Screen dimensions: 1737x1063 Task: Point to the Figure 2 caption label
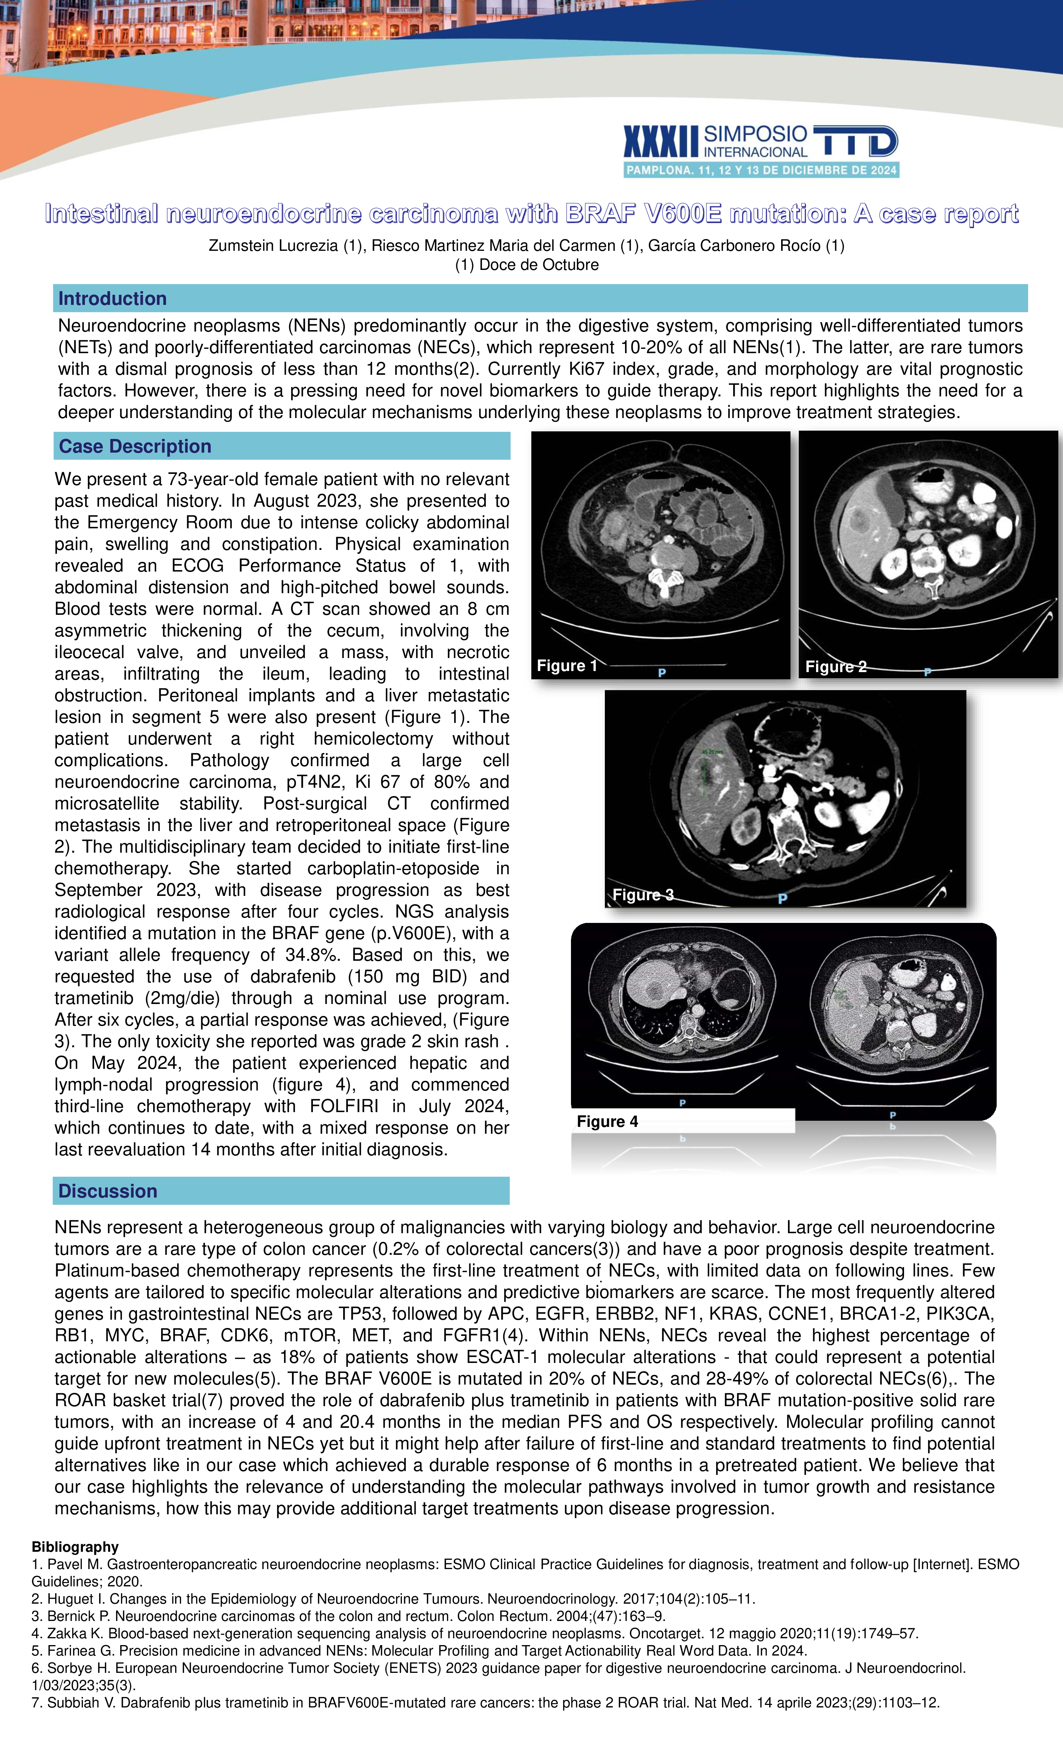point(835,667)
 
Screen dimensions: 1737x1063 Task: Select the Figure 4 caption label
point(607,1121)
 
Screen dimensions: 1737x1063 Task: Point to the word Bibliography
point(75,1547)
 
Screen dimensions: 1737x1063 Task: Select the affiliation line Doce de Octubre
point(527,265)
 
